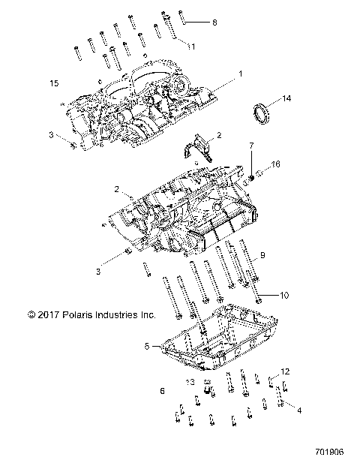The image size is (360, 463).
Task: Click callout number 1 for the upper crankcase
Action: (x=240, y=74)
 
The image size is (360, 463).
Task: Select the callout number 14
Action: (x=286, y=98)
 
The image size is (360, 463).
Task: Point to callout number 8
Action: (x=214, y=23)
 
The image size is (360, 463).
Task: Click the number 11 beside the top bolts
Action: (x=191, y=47)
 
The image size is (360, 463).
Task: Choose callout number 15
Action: (x=53, y=82)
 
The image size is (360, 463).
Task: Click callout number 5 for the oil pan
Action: (x=148, y=346)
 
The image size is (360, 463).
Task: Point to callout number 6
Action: (x=163, y=392)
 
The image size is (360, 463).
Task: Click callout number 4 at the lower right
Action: (x=299, y=410)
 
